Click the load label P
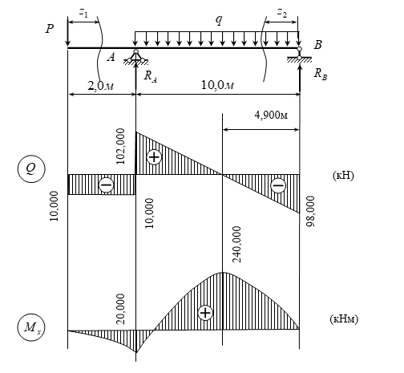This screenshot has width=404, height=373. (50, 28)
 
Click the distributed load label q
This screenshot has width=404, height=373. (219, 20)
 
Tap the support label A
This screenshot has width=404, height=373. (111, 57)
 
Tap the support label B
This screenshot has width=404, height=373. (318, 45)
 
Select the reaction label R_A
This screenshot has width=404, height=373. (151, 76)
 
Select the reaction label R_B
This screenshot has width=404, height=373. (321, 74)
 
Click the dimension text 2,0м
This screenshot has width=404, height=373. (101, 86)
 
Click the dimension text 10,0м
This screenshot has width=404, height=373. (217, 85)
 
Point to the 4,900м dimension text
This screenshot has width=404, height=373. (271, 116)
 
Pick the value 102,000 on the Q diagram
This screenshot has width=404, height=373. (120, 146)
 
